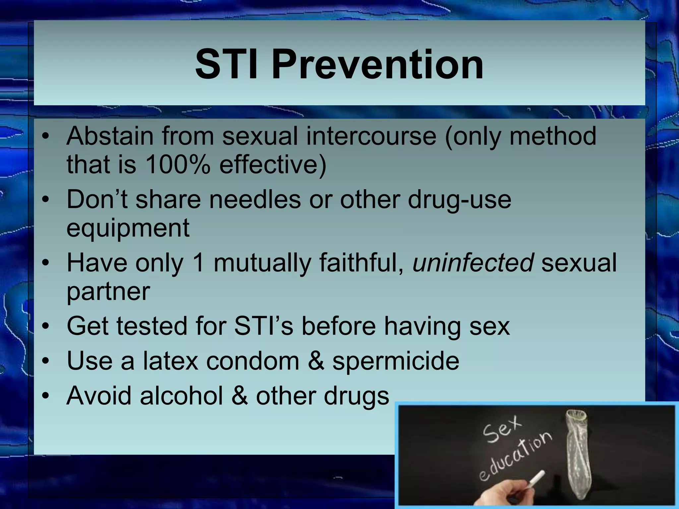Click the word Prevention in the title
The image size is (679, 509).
coord(377,64)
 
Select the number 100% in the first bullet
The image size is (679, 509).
coord(178,165)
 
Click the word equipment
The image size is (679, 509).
coord(128,229)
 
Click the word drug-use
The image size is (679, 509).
coord(459,199)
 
